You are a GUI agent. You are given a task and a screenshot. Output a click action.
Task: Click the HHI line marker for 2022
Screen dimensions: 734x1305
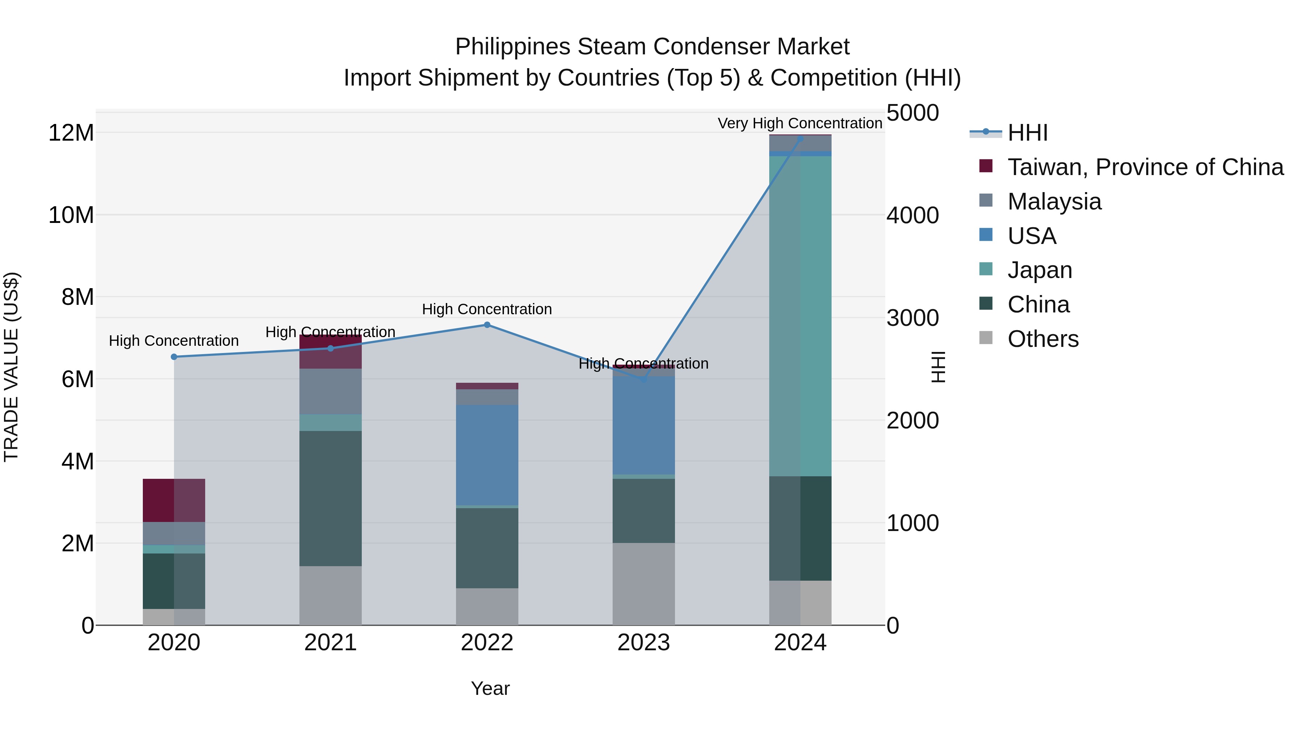[487, 325]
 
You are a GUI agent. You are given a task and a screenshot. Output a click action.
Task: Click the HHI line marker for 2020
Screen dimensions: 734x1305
[174, 357]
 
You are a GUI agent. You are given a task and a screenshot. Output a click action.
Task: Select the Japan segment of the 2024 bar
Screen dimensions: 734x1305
[800, 316]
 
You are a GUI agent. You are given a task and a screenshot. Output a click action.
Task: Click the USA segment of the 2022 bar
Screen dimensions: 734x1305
[487, 455]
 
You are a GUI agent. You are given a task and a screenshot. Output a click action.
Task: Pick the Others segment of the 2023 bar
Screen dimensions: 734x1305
[643, 584]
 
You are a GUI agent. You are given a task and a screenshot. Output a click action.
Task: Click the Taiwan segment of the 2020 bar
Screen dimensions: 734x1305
[174, 500]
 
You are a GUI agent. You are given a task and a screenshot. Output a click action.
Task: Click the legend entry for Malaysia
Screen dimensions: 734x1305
[1054, 202]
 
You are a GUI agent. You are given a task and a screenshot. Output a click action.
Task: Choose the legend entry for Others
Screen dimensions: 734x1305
[1043, 339]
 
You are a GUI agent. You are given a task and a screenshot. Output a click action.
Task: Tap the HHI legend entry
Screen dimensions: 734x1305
[1027, 133]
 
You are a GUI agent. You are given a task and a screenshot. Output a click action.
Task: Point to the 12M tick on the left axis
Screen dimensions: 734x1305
[71, 133]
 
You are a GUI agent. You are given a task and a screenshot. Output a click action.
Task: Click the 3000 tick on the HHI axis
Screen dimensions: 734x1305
[912, 318]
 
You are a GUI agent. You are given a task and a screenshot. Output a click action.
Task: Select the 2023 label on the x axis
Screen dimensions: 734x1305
[643, 643]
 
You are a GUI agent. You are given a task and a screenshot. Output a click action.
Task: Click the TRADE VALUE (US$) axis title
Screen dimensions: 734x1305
[11, 367]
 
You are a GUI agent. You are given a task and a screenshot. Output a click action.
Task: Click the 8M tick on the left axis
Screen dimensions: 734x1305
[78, 297]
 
